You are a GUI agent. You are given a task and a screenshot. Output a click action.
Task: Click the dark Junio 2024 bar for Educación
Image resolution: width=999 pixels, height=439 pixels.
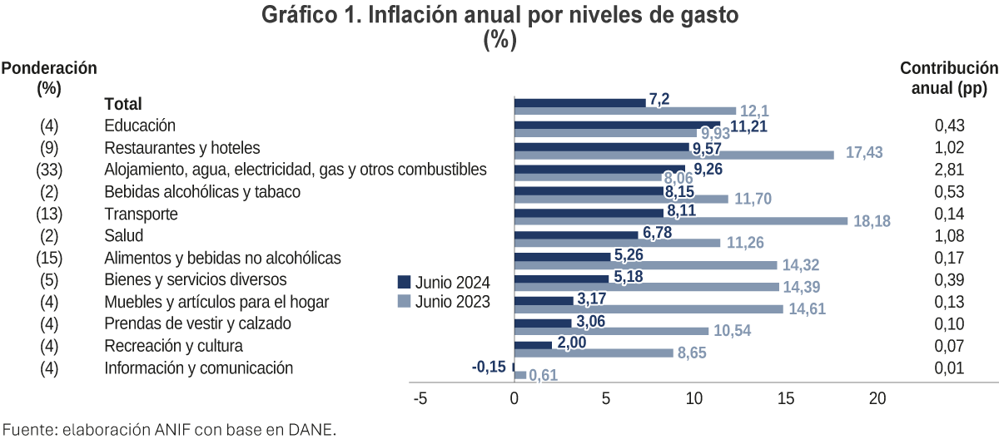616,125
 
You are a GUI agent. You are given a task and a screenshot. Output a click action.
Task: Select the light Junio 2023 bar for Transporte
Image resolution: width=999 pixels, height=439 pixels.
681,221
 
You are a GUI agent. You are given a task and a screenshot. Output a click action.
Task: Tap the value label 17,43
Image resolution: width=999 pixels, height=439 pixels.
865,154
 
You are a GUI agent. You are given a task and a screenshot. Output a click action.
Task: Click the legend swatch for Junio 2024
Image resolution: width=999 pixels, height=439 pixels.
405,280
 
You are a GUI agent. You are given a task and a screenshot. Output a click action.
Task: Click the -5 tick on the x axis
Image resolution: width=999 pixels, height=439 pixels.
420,399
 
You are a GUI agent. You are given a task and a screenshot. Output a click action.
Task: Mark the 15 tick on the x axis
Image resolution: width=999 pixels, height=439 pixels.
786,399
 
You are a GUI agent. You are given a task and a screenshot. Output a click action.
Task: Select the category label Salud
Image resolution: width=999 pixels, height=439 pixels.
124,235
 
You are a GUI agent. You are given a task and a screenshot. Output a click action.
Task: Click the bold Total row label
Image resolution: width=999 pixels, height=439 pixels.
123,104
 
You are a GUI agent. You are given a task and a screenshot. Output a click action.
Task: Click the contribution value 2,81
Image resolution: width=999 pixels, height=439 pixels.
949,170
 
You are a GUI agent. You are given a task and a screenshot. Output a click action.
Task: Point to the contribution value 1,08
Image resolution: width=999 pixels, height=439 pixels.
949,235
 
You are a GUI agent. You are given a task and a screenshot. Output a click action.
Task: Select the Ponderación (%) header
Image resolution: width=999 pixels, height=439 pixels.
49,77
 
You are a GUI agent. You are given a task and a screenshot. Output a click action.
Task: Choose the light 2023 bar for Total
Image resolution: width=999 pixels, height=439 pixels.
625,111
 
